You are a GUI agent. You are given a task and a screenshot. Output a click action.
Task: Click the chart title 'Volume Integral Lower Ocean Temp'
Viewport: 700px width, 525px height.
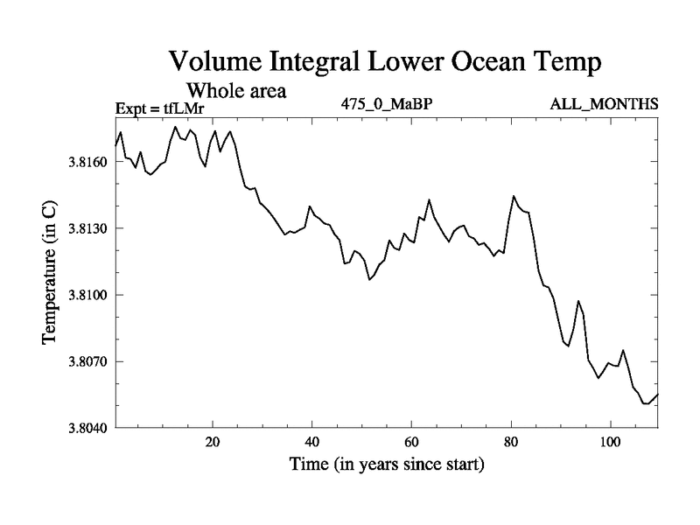coord(386,61)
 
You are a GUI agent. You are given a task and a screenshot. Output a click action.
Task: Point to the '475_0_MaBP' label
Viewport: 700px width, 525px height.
coord(386,104)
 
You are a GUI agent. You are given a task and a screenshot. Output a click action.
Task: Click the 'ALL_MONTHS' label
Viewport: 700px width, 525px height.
coord(604,104)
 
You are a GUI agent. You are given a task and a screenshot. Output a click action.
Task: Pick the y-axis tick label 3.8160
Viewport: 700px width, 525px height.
coord(88,162)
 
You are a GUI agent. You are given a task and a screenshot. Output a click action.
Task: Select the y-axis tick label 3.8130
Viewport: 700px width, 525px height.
coord(88,228)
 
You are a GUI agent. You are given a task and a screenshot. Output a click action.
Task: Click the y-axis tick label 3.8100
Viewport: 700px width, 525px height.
coord(88,295)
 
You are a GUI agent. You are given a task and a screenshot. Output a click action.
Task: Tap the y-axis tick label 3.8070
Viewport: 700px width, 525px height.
coord(88,361)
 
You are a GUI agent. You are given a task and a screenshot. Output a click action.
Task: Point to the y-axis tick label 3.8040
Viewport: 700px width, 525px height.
coord(88,428)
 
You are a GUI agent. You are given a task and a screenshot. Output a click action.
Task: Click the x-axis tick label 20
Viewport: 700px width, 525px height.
coord(213,441)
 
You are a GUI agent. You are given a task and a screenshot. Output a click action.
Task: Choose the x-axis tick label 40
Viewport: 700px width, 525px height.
coord(311,441)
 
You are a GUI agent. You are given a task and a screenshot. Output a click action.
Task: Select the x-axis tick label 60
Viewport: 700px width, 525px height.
coord(410,441)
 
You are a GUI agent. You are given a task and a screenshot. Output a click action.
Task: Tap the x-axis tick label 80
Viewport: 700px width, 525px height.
coord(509,441)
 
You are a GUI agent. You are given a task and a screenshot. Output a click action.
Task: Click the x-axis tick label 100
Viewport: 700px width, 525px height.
coord(608,441)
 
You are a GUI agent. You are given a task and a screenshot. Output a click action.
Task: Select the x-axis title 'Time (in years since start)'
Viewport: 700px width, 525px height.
coord(387,465)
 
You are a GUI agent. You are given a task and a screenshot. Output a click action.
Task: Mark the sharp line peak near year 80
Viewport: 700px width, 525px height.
coord(514,196)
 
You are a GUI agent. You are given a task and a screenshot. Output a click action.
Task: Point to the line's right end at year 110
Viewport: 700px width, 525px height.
coord(657,394)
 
